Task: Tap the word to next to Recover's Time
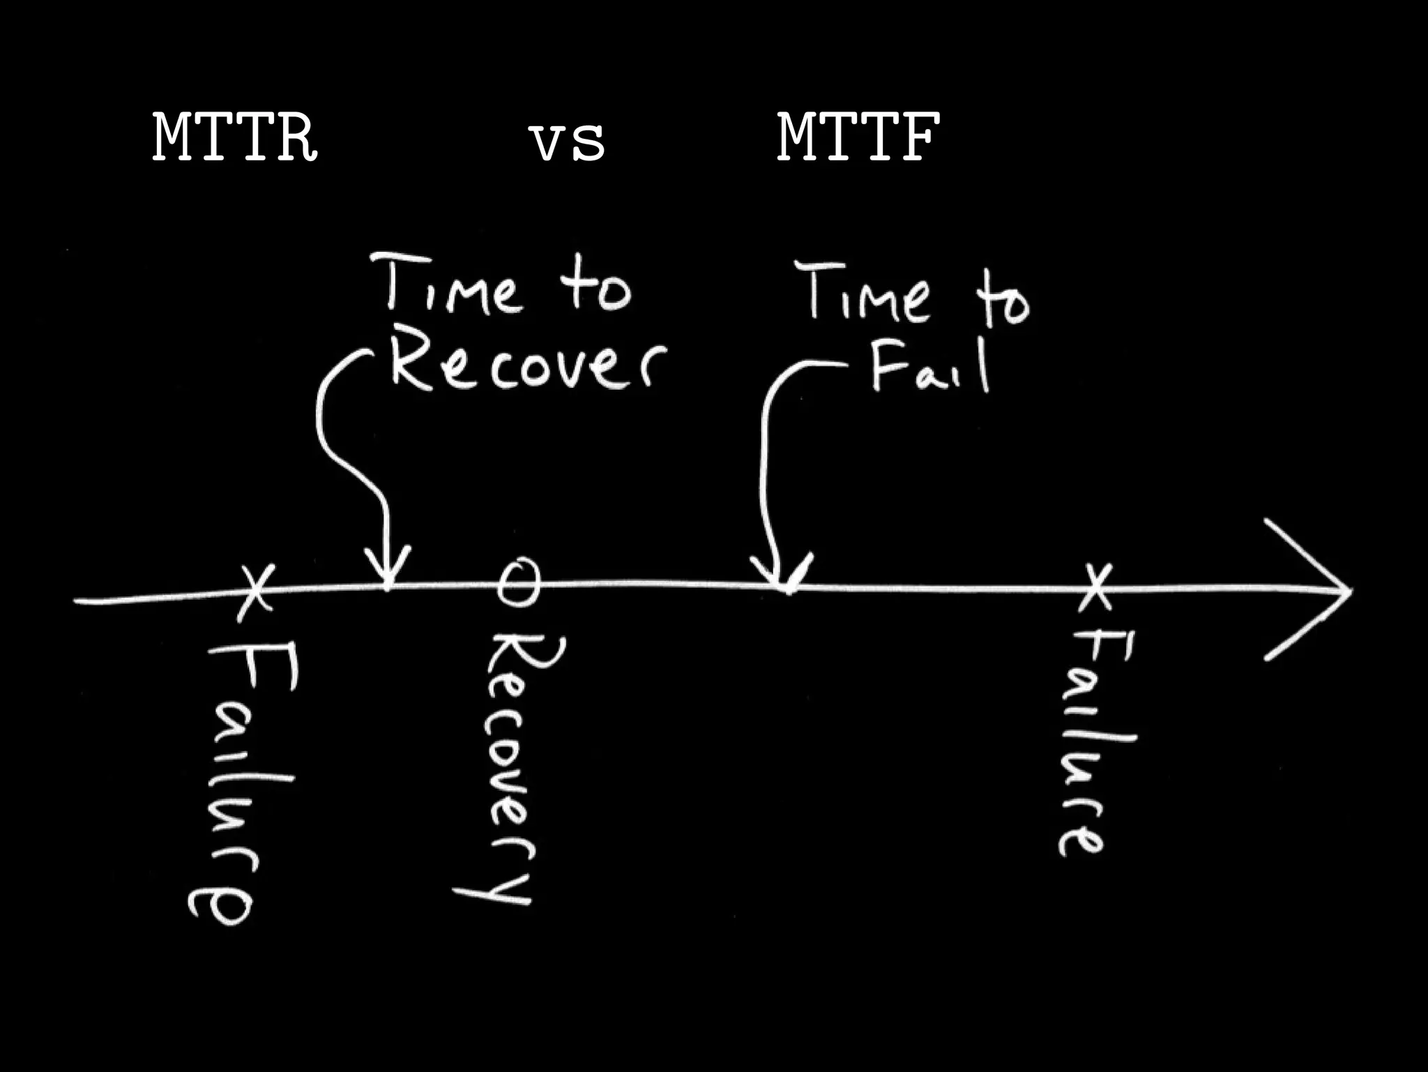pos(596,289)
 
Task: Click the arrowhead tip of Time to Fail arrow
pos(788,589)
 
